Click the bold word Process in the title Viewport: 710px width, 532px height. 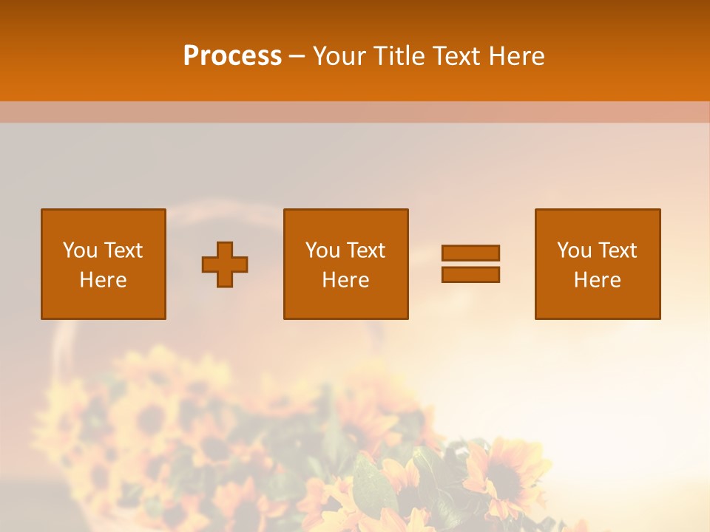232,56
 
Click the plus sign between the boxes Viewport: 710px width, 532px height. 225,265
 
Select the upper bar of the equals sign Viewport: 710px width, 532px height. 470,253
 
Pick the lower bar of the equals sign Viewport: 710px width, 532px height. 470,274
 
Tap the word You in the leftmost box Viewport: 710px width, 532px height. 80,250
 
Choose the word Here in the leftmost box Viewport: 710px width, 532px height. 103,280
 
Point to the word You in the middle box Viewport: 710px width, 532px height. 322,250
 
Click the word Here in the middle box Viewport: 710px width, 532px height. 345,280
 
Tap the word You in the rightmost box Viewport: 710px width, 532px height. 574,250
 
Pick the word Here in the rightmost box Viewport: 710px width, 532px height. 597,280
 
